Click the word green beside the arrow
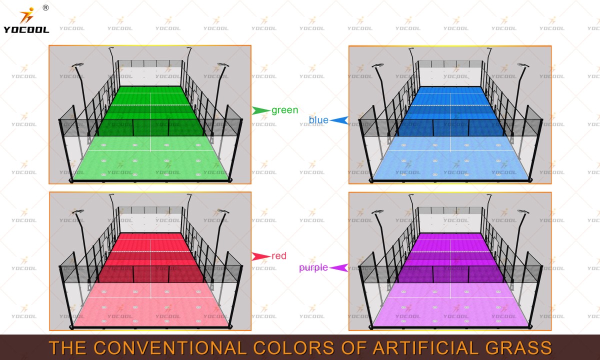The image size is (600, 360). (284, 110)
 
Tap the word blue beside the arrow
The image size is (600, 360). (318, 120)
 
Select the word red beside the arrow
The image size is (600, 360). (279, 256)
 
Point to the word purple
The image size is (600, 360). (313, 267)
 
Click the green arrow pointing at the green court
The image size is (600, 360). (261, 110)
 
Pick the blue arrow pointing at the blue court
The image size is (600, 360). (339, 120)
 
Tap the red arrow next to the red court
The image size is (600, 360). (261, 256)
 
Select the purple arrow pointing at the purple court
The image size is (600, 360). (339, 267)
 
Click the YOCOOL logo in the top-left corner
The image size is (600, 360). (26, 20)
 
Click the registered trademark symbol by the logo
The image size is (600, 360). (46, 8)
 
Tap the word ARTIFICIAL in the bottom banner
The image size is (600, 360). (425, 347)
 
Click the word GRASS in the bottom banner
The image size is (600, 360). (518, 347)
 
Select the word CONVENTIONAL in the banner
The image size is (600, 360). (170, 347)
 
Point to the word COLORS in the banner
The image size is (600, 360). (293, 347)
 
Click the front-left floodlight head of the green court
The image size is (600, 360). (77, 65)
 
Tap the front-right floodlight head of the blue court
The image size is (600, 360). (523, 65)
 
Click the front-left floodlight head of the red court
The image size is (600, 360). (77, 211)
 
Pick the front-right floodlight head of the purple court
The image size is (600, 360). (523, 211)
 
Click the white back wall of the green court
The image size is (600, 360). (150, 76)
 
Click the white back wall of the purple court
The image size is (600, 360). (450, 223)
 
